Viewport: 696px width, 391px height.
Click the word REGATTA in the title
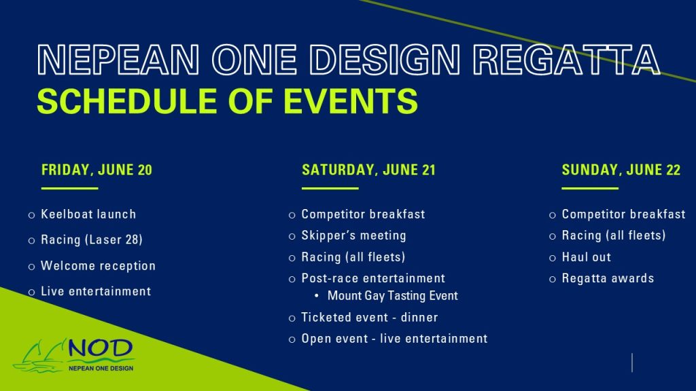[x=566, y=60]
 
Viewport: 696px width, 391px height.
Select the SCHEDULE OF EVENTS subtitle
[x=227, y=101]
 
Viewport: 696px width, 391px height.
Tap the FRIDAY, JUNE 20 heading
[x=97, y=170]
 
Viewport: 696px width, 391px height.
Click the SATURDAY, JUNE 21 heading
[x=368, y=170]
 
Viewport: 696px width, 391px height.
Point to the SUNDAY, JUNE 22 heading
[x=621, y=170]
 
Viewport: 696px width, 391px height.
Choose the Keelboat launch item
[x=88, y=215]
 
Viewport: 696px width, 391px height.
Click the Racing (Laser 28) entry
[x=92, y=240]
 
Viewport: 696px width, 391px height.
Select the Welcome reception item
[x=98, y=266]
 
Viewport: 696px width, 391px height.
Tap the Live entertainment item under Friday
[x=96, y=291]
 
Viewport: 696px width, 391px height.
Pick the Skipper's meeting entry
[x=353, y=236]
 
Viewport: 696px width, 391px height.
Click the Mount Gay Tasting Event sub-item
[x=392, y=296]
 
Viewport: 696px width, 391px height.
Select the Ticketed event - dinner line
[x=369, y=318]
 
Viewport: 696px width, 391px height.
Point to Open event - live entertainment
[x=394, y=339]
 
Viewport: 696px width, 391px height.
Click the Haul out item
[x=587, y=257]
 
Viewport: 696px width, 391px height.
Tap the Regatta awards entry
[x=608, y=278]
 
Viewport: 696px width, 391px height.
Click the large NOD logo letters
[x=101, y=349]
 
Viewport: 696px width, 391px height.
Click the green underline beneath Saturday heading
[x=330, y=189]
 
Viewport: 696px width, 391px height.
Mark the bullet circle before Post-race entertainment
[x=292, y=279]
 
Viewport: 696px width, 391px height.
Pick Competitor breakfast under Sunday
[x=623, y=215]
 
